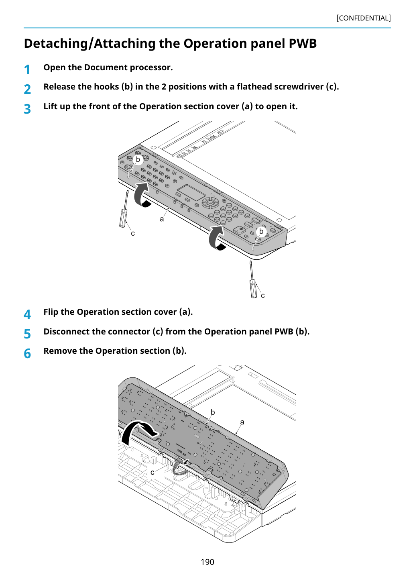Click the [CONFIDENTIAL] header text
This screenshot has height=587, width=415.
click(363, 18)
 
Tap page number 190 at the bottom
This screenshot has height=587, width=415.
click(207, 562)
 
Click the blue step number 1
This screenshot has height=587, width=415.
click(27, 70)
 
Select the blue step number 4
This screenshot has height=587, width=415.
click(27, 314)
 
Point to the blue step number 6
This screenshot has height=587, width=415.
click(27, 353)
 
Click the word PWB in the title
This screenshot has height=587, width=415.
click(303, 43)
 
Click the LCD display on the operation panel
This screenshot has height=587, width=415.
click(191, 192)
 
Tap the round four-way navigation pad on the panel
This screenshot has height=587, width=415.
click(210, 203)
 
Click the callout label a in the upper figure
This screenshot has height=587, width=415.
click(162, 219)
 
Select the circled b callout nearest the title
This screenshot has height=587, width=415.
click(138, 159)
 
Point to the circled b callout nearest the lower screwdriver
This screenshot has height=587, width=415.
click(261, 231)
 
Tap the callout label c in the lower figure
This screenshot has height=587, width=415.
click(152, 472)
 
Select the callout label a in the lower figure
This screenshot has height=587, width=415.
click(242, 422)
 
